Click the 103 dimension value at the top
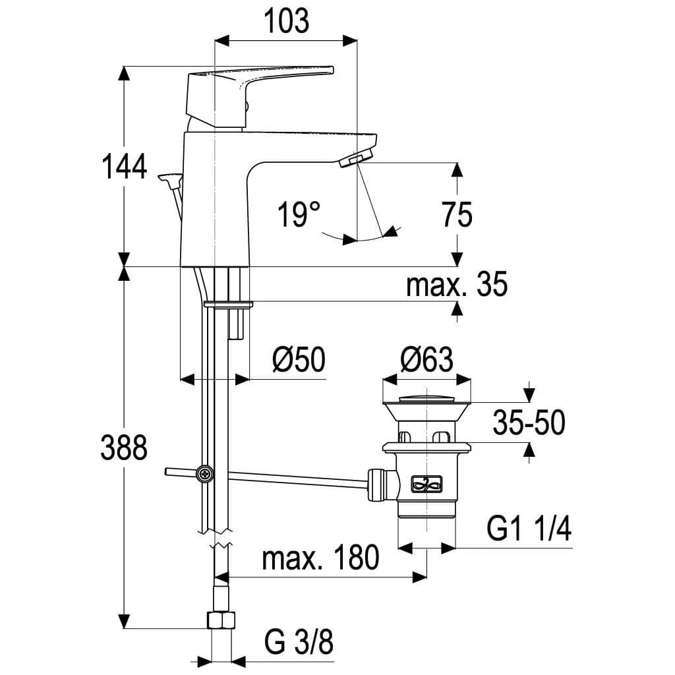pos(287,22)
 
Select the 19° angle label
pos(298,215)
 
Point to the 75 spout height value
pos(457,215)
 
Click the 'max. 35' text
pos(457,286)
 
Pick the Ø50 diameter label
pos(299,361)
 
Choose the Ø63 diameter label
pos(427,361)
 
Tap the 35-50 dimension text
pos(529,423)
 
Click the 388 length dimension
pos(123,448)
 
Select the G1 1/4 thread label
pos(529,529)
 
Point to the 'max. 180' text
pos(321,558)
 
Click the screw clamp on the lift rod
pos(206,473)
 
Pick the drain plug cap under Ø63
pos(427,398)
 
